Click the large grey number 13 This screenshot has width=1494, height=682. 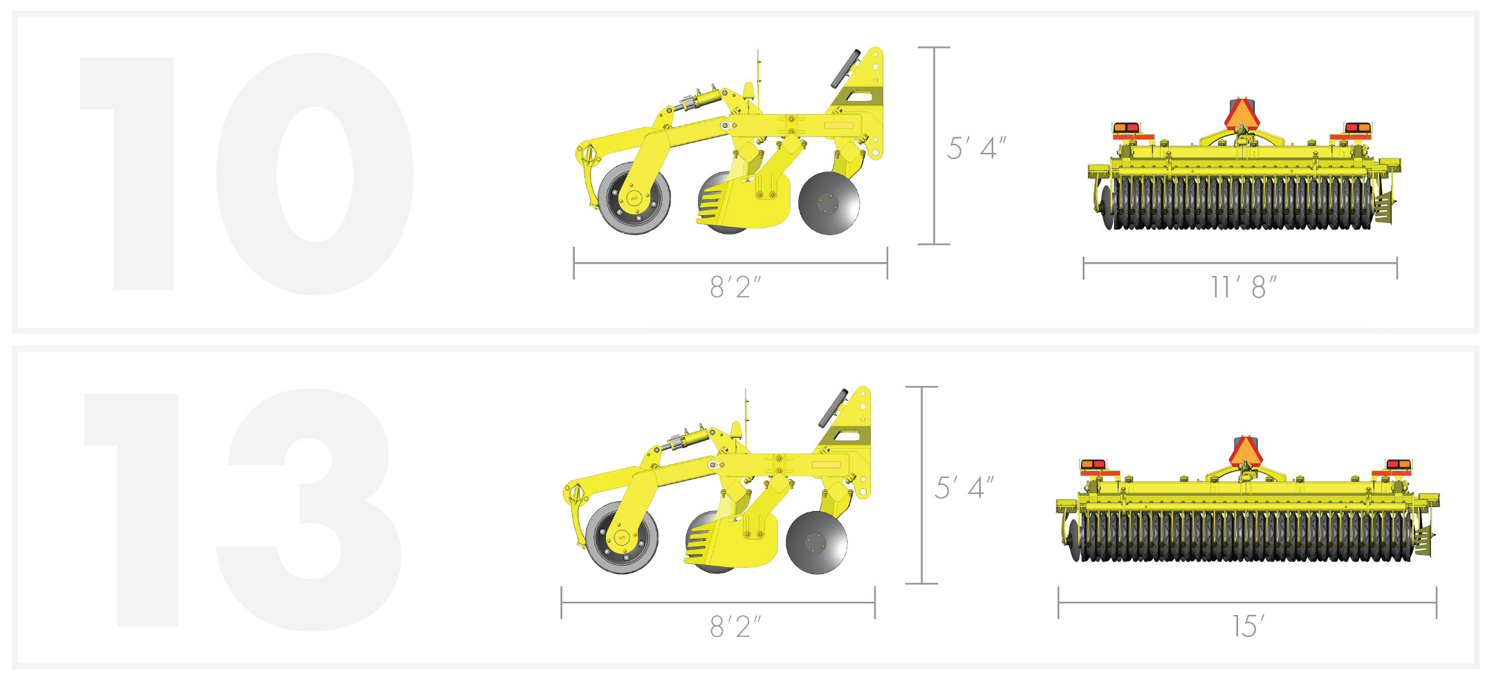click(242, 510)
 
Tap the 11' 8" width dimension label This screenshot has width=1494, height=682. click(1243, 287)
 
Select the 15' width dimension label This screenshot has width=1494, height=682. click(1248, 626)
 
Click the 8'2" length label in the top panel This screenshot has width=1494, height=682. click(735, 287)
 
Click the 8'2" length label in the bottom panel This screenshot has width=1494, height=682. click(735, 627)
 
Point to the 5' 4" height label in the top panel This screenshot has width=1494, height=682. click(975, 148)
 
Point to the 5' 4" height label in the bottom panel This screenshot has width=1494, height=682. click(963, 488)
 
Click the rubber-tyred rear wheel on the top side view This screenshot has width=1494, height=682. click(634, 199)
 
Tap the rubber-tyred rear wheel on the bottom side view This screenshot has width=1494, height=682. click(621, 537)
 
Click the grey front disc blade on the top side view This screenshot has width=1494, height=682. click(829, 203)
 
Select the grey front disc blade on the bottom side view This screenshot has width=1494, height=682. click(816, 542)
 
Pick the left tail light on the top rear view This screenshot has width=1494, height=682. click(1125, 128)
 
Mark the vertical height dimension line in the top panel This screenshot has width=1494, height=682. click(934, 145)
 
